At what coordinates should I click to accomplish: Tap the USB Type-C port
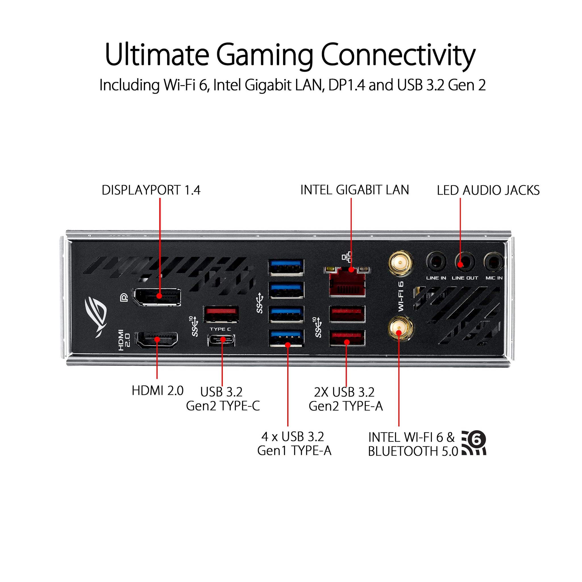(x=222, y=340)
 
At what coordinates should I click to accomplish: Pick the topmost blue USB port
(x=286, y=267)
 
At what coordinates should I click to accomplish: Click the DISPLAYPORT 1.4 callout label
(x=151, y=190)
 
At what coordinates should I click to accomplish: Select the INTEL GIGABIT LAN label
(x=355, y=190)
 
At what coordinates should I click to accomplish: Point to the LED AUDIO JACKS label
(x=488, y=190)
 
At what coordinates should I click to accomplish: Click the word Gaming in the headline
(x=265, y=55)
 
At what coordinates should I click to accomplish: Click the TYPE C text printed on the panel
(x=221, y=329)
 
